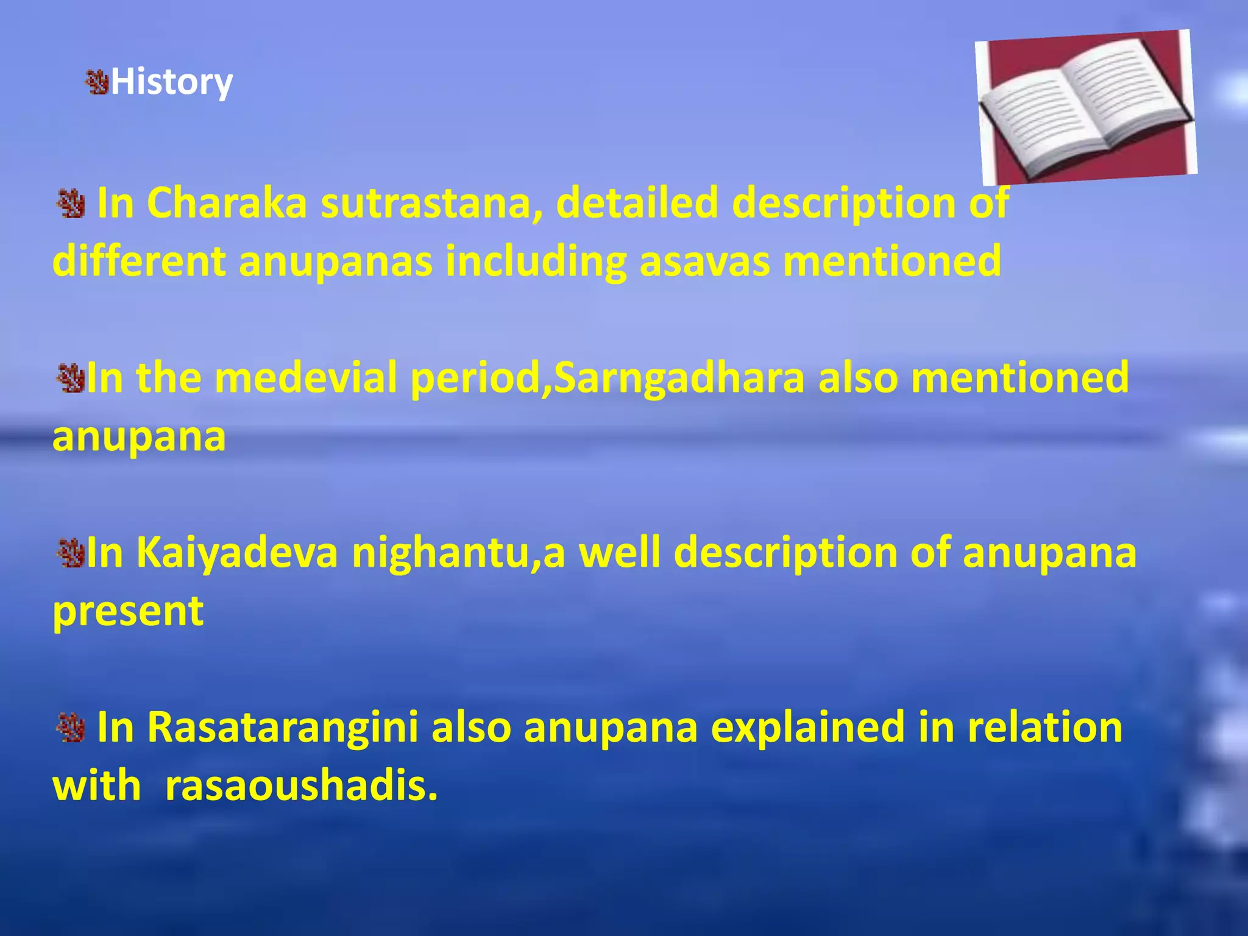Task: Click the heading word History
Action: coord(171,82)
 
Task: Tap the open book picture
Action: coord(1085,108)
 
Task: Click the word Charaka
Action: coord(227,203)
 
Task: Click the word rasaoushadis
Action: coord(301,785)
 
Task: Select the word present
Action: coord(128,611)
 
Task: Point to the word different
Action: coord(140,261)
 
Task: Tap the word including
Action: coord(536,261)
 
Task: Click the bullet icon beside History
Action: coord(96,82)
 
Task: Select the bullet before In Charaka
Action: coord(71,204)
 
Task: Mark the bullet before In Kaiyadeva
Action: coord(69,553)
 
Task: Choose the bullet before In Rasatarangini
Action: coord(71,728)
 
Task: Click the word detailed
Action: coord(637,203)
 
